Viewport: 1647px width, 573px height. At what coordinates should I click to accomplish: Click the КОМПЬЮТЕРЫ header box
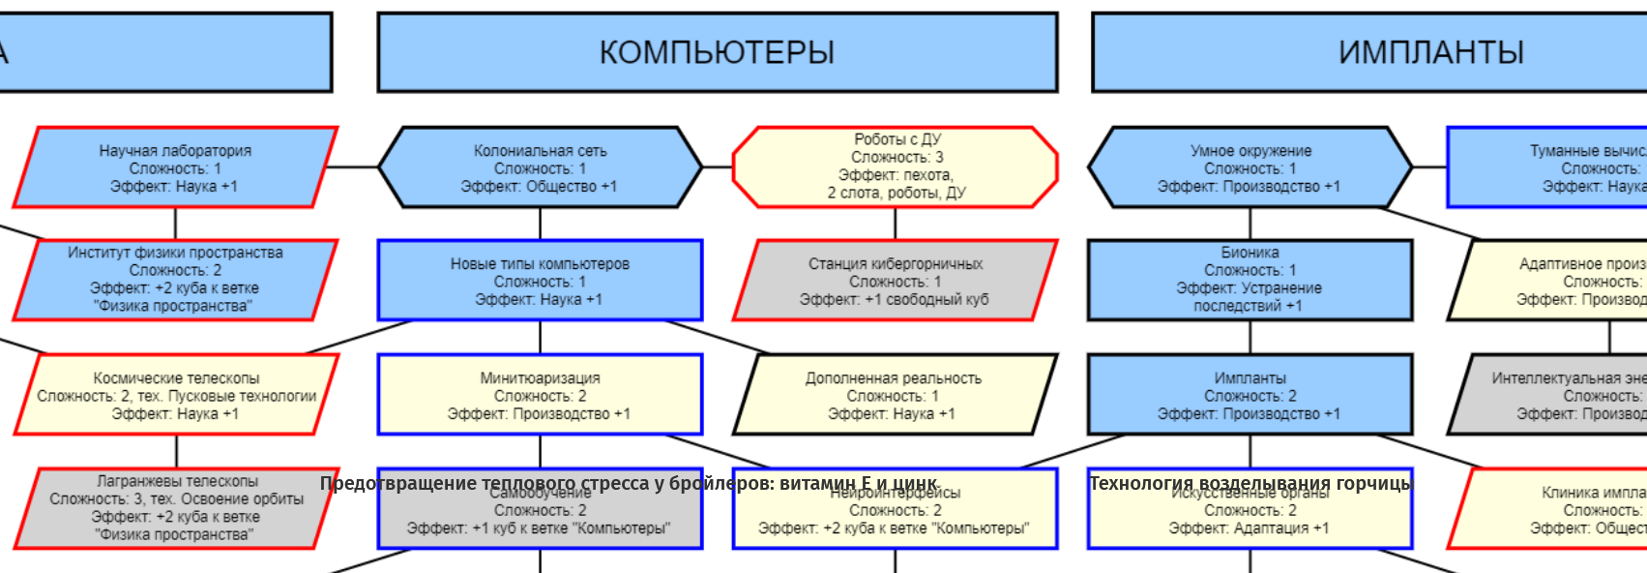point(717,52)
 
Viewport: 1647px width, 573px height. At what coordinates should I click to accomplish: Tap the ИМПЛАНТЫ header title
point(1430,52)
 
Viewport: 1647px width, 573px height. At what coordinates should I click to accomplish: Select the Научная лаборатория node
point(175,167)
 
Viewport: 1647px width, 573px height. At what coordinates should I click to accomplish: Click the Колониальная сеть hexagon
point(540,167)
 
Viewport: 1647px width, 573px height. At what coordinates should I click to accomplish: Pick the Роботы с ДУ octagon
point(895,166)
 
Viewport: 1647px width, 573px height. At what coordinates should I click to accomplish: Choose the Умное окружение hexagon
point(1250,167)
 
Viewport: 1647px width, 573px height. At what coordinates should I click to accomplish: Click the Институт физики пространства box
point(175,280)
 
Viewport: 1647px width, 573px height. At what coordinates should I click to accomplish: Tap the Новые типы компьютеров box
point(540,281)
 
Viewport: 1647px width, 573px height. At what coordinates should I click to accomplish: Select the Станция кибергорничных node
point(895,281)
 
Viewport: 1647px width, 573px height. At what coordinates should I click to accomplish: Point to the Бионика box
point(1250,280)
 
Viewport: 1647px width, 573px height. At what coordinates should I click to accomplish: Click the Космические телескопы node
point(176,395)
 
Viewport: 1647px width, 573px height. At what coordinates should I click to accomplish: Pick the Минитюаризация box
point(540,395)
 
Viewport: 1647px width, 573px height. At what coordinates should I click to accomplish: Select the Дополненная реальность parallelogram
point(895,395)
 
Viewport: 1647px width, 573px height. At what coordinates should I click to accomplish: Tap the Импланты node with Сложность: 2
point(1250,395)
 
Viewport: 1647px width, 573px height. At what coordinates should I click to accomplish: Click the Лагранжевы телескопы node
point(176,508)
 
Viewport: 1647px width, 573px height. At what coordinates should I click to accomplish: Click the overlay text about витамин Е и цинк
point(629,483)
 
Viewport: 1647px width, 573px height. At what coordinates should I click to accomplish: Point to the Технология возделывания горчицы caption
point(1250,483)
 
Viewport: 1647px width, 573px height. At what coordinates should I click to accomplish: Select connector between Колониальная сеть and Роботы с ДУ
point(717,167)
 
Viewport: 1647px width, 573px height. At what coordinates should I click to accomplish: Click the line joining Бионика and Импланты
point(1250,337)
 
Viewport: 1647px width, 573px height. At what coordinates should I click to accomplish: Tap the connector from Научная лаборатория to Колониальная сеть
point(353,167)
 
